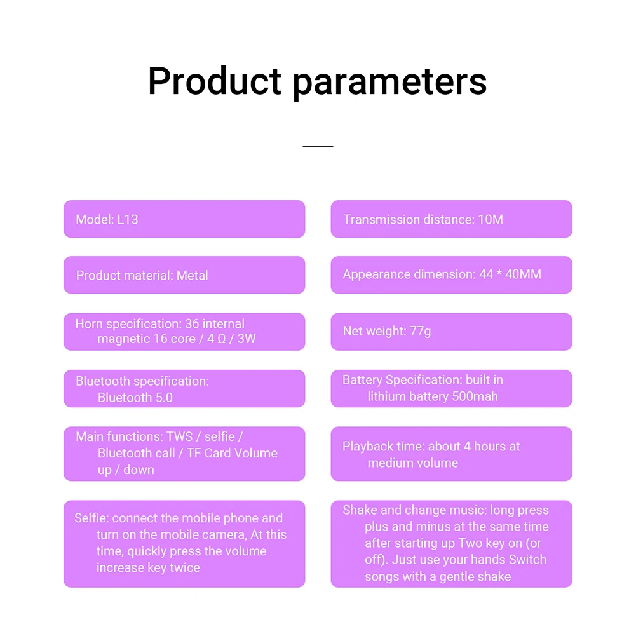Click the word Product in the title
click(x=214, y=81)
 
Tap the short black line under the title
click(x=318, y=146)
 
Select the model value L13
click(x=127, y=219)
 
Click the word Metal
click(x=192, y=275)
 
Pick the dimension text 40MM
click(x=523, y=274)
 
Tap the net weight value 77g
click(x=420, y=331)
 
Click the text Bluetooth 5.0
click(x=135, y=398)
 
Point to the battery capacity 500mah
click(x=475, y=396)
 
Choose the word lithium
click(x=385, y=396)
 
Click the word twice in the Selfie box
click(x=185, y=567)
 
